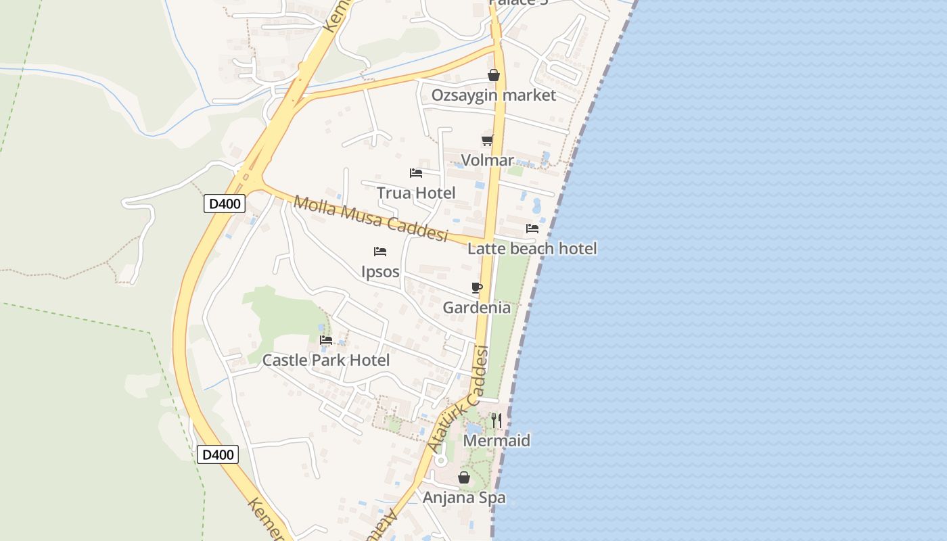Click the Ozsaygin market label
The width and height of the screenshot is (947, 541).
coord(494,95)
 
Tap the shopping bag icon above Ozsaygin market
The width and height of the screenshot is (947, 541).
coord(494,75)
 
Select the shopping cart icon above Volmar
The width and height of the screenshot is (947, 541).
coord(487,141)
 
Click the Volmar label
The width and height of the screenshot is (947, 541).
coord(487,160)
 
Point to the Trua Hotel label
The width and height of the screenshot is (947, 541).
coord(416,193)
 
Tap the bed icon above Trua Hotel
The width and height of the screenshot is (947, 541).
coord(416,173)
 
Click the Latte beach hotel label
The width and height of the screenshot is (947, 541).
coord(532,249)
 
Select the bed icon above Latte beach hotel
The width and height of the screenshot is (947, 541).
coord(532,229)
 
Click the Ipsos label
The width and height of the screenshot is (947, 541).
coord(380,272)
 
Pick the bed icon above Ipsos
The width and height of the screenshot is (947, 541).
coord(380,252)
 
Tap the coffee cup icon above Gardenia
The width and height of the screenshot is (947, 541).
coord(477,288)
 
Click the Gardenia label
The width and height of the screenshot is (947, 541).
coord(477,308)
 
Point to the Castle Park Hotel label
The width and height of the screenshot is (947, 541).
coord(326,360)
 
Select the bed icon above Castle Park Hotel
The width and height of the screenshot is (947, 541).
coord(326,340)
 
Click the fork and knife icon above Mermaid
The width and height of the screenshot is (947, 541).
coord(496,421)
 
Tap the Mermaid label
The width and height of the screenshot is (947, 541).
coord(496,441)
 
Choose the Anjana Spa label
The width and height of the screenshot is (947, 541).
coord(464,498)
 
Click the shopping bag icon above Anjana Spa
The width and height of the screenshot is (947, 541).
coord(464,478)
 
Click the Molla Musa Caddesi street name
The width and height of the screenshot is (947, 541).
coord(371,218)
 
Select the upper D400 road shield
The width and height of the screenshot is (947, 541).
coord(225,204)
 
